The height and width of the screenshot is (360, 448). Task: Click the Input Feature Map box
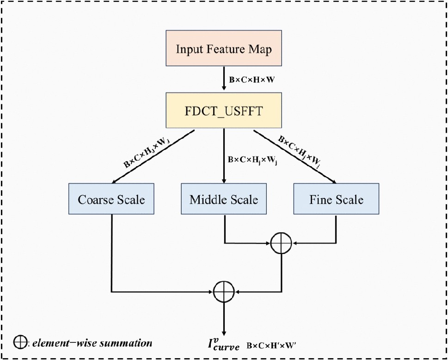click(x=224, y=49)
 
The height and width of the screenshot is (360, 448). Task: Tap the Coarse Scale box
click(x=111, y=199)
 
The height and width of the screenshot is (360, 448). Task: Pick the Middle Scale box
click(x=224, y=199)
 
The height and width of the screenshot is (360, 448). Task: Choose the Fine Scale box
click(x=336, y=199)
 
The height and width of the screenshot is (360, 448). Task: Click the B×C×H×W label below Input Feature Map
click(x=252, y=79)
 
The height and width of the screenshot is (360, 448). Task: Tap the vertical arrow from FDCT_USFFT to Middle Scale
click(x=224, y=155)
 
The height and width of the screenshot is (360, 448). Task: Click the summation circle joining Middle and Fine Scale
click(x=281, y=242)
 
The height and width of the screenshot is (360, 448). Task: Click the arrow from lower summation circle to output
click(x=224, y=319)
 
